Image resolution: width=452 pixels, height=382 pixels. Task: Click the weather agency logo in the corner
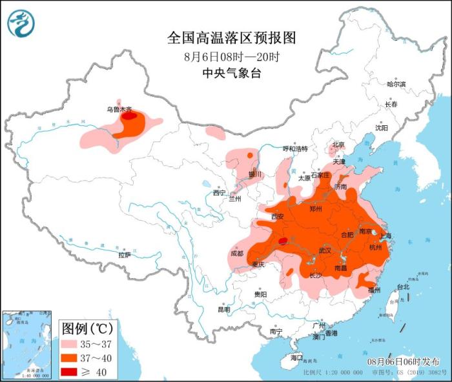tap(21, 23)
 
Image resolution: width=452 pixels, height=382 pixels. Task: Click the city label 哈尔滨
tap(396, 85)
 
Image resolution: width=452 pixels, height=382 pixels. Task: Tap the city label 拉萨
tap(125, 255)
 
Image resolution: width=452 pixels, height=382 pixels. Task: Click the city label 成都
tap(236, 254)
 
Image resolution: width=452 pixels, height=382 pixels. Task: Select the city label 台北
tap(403, 286)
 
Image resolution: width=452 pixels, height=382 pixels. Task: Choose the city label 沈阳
tap(382, 128)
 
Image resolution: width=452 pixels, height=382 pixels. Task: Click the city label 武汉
tap(325, 250)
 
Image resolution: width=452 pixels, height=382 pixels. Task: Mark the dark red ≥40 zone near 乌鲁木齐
tap(130, 117)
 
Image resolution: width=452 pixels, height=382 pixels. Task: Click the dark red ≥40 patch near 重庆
tap(283, 242)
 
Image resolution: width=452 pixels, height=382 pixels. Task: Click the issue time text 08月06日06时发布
tap(404, 361)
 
